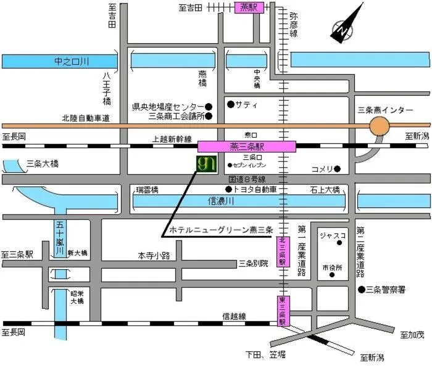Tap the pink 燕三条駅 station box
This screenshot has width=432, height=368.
(x=246, y=146)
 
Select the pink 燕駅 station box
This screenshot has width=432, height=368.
(x=249, y=7)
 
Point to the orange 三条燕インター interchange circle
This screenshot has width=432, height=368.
(x=379, y=127)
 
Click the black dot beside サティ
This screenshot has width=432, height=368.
(x=230, y=104)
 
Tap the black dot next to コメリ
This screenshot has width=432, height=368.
(x=338, y=169)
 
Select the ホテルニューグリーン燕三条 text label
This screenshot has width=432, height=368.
(x=221, y=230)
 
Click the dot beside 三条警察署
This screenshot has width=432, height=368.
(x=361, y=289)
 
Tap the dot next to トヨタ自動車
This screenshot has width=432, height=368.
(x=228, y=189)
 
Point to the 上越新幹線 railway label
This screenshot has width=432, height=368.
(x=172, y=140)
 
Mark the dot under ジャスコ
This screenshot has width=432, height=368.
(x=339, y=243)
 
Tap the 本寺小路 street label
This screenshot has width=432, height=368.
(x=153, y=254)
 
